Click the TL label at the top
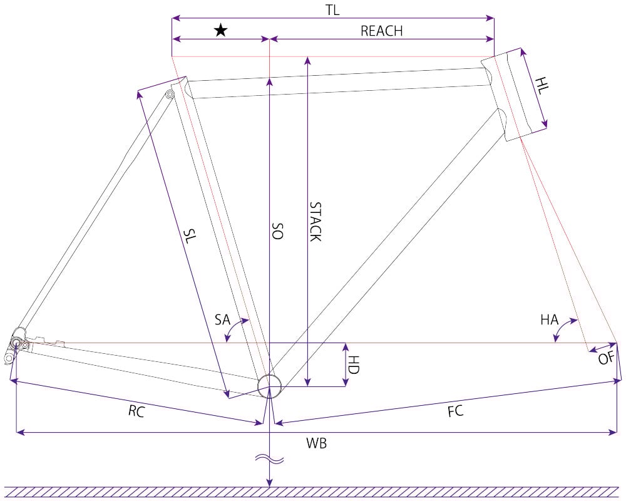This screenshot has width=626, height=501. [x=332, y=10]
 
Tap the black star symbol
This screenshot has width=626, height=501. [x=221, y=30]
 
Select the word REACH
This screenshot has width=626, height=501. [x=381, y=31]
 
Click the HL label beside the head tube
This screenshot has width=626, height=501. [x=542, y=86]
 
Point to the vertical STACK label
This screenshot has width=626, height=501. [x=316, y=222]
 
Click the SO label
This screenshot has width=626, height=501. [x=277, y=231]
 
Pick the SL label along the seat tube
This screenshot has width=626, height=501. [x=190, y=235]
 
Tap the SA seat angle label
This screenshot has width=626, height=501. [x=222, y=319]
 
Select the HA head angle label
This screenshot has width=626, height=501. [x=550, y=319]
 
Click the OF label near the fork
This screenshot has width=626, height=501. [x=606, y=358]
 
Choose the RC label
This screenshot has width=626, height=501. [x=136, y=411]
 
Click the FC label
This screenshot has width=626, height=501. [x=456, y=411]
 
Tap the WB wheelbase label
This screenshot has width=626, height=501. [x=316, y=443]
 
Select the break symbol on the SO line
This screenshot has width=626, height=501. [x=270, y=460]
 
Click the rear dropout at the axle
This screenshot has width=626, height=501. [x=16, y=343]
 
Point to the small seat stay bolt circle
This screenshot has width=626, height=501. [x=170, y=95]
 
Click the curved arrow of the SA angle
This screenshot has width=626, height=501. [x=234, y=327]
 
